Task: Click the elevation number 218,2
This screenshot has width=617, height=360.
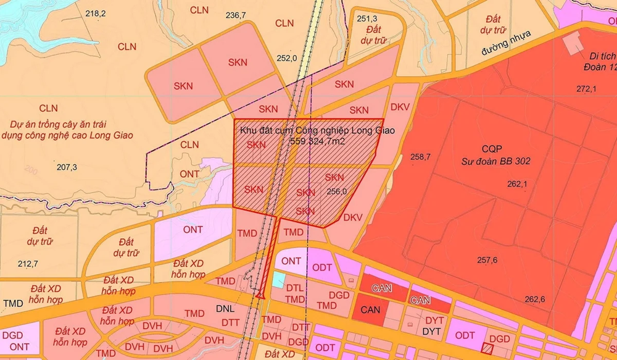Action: pyautogui.click(x=96, y=14)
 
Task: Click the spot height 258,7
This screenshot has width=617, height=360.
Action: pyautogui.click(x=420, y=157)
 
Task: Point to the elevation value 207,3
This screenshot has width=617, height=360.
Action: pyautogui.click(x=67, y=167)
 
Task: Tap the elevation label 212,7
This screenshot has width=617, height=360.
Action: pyautogui.click(x=28, y=264)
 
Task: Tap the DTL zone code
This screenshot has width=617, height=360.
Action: pyautogui.click(x=296, y=288)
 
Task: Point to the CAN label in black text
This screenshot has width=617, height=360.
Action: pyautogui.click(x=370, y=309)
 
